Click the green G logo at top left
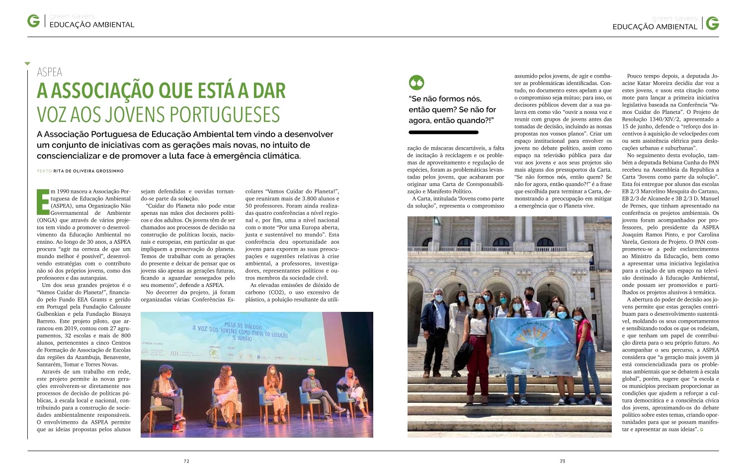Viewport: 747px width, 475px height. (x=34, y=22)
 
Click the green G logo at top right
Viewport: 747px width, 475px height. (x=712, y=23)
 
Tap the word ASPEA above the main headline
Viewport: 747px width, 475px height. (x=50, y=72)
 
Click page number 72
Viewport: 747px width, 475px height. (x=186, y=461)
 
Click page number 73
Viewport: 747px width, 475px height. (x=562, y=461)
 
